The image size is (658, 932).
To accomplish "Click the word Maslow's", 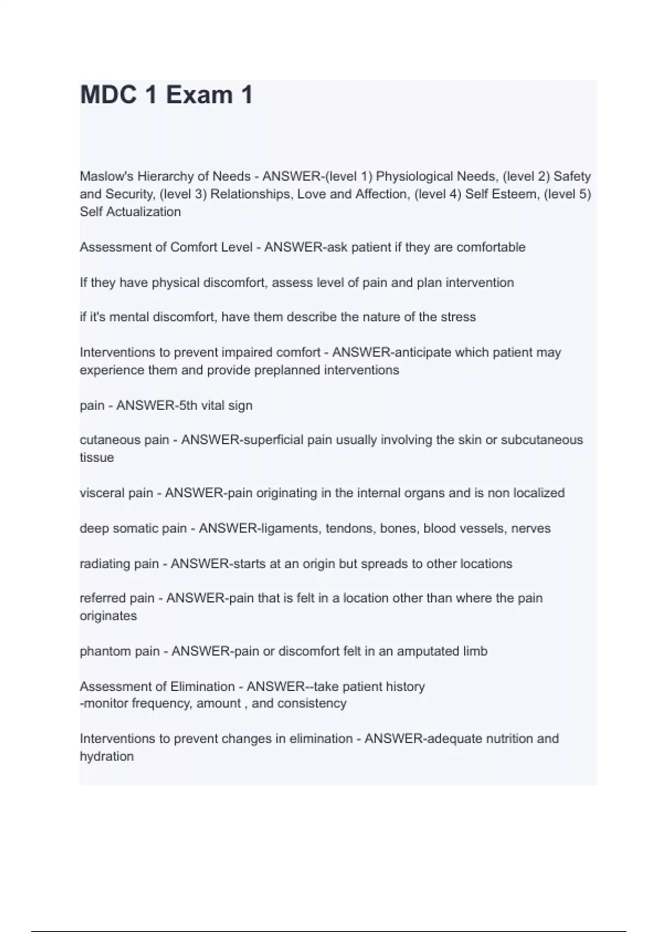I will [106, 177].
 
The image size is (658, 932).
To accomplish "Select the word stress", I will [458, 317].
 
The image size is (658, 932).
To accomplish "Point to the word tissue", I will [97, 458].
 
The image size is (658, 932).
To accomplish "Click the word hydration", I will [106, 757].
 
